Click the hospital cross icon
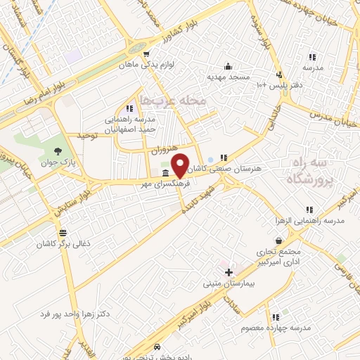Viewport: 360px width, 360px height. (x=228, y=272)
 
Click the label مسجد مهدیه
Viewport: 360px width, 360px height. (x=229, y=75)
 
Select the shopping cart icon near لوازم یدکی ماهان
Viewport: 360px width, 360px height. (x=146, y=53)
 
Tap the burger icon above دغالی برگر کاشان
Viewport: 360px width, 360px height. (x=63, y=233)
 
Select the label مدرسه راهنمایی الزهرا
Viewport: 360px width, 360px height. (x=316, y=221)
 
